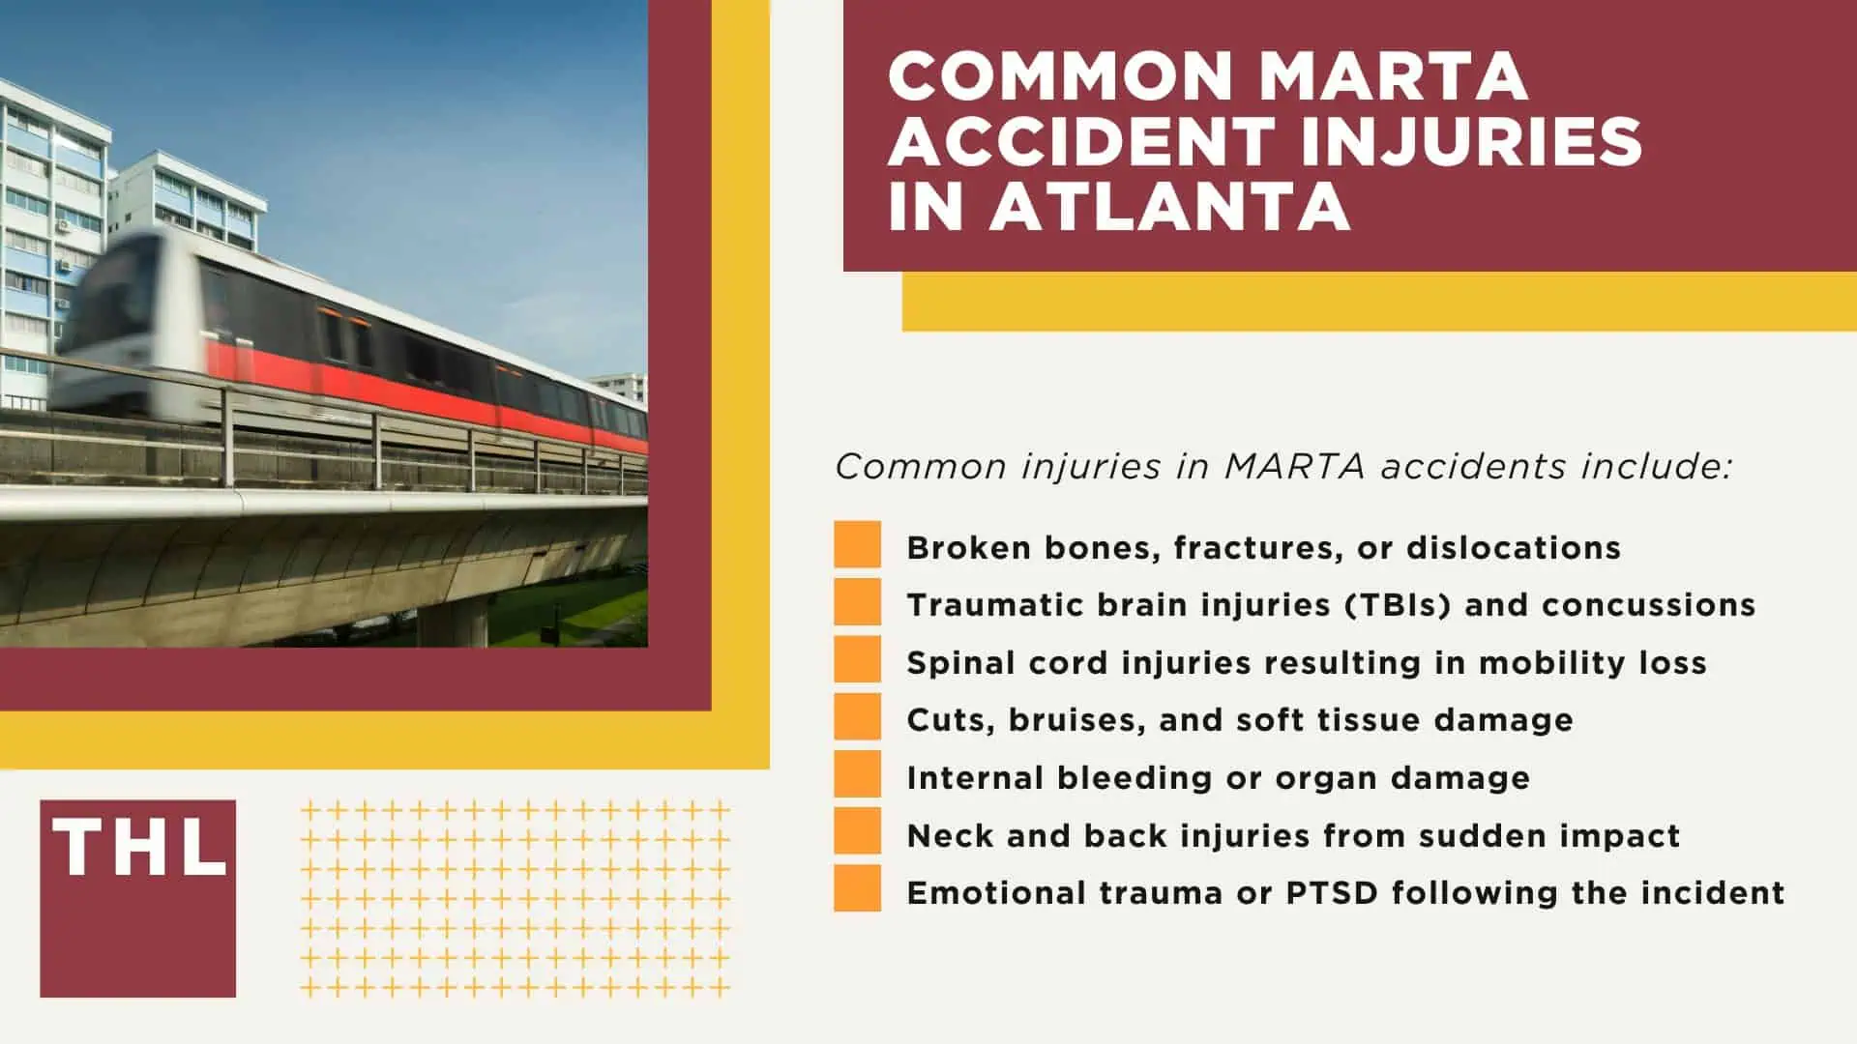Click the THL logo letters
click(x=139, y=848)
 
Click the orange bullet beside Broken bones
click(x=857, y=544)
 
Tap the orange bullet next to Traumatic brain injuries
click(x=857, y=602)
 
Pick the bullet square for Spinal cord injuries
click(x=857, y=659)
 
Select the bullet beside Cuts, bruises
click(x=857, y=717)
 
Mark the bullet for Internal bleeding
click(x=857, y=774)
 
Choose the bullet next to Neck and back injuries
click(x=857, y=832)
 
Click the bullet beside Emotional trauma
click(x=857, y=889)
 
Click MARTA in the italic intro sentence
click(x=1294, y=467)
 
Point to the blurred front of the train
click(x=116, y=309)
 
